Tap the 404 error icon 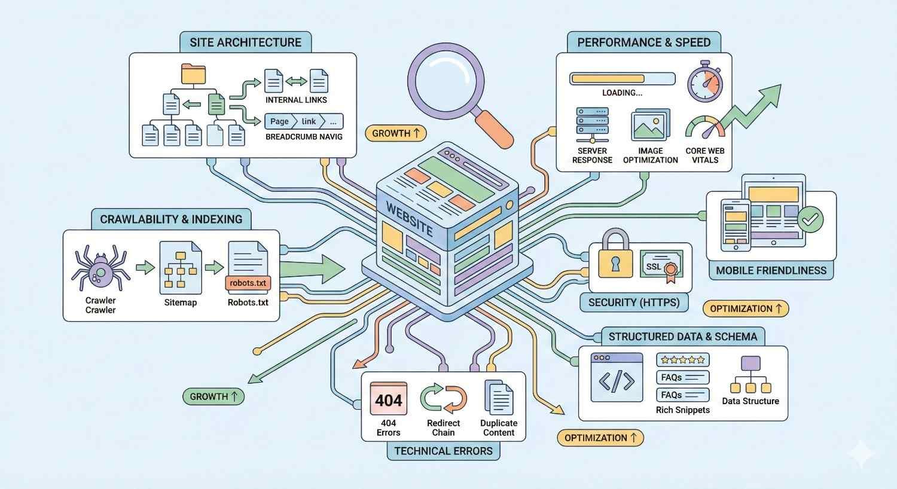point(388,399)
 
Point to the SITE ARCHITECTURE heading point(245,42)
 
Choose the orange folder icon point(193,74)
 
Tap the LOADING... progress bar point(622,78)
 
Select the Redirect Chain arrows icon point(443,399)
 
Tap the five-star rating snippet point(682,360)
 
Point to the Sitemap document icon point(180,267)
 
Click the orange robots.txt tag point(248,283)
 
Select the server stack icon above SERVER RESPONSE point(592,124)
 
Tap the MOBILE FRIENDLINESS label point(771,270)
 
